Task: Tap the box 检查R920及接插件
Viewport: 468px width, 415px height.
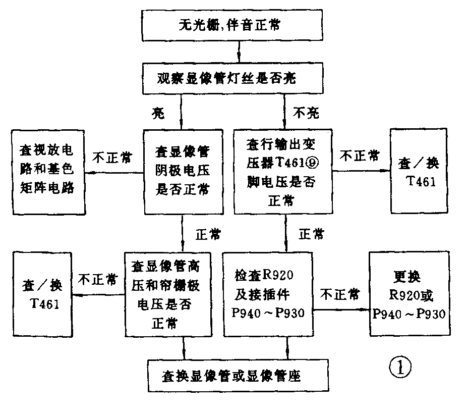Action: click(x=268, y=294)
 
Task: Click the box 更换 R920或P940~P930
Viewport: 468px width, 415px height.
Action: click(x=409, y=294)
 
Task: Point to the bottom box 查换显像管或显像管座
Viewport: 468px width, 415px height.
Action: click(x=239, y=376)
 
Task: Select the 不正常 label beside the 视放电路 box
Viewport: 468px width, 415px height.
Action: click(x=112, y=157)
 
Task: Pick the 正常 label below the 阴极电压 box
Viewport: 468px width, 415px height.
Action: click(x=207, y=234)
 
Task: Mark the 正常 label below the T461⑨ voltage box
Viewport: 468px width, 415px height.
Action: click(x=311, y=234)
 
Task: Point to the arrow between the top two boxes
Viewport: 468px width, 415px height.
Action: click(x=239, y=52)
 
